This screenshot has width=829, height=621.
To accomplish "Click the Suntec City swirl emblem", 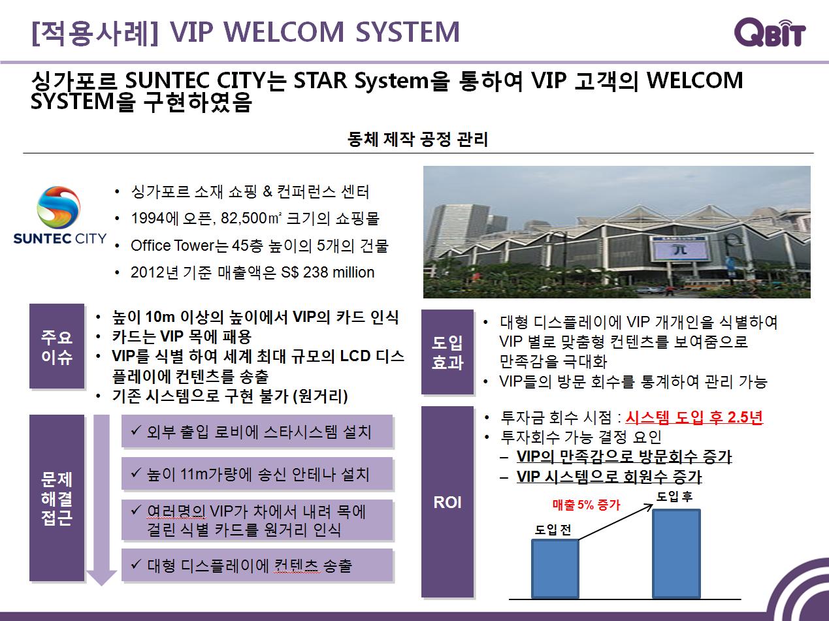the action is (x=59, y=208).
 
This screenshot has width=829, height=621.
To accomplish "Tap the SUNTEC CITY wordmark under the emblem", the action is (x=59, y=238).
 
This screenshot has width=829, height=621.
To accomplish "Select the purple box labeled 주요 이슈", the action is (x=57, y=346).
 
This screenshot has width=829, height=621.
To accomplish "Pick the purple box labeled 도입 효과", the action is (x=447, y=352).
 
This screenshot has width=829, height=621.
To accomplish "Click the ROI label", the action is (x=447, y=502).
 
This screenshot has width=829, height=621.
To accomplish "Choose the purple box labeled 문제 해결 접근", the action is (x=57, y=498).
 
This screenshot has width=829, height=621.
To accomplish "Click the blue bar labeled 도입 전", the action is (x=555, y=569).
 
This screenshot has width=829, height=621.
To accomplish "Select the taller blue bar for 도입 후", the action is (x=676, y=554).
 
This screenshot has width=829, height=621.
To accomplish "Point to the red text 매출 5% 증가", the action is (x=586, y=505).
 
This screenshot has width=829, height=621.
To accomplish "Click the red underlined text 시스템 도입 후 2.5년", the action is (x=694, y=417).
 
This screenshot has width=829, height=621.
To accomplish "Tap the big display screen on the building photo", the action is (x=681, y=249).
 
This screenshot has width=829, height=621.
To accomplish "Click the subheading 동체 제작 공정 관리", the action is (x=417, y=139).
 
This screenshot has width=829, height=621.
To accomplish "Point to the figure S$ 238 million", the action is (x=328, y=272).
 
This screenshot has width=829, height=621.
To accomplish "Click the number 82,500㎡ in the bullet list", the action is (x=251, y=218).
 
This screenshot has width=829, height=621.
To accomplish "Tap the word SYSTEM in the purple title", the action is (x=408, y=32).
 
